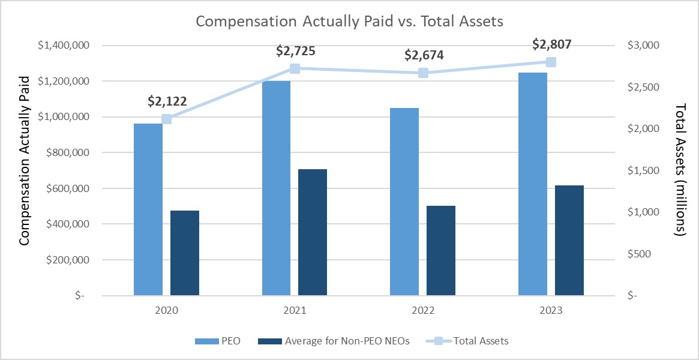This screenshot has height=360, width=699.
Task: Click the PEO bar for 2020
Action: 148,209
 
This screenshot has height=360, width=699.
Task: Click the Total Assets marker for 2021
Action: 295,68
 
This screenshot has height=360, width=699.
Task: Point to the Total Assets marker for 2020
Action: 167,119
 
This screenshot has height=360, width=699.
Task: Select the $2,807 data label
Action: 552,44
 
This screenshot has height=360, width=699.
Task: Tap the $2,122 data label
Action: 167,101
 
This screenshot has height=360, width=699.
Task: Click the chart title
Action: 349,21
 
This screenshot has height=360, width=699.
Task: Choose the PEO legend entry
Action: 218,341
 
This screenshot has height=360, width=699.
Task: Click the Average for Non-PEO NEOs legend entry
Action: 333,341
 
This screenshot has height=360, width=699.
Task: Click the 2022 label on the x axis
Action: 423,311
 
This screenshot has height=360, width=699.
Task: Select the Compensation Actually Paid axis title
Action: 24,160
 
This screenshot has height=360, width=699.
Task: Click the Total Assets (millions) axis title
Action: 681,170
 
